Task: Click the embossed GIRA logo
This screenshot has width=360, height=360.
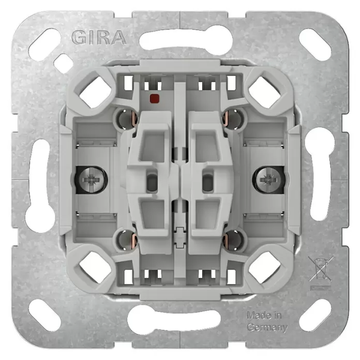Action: pos(99,37)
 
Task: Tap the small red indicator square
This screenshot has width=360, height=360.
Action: pos(155,98)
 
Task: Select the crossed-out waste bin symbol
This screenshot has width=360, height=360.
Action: pos(320,269)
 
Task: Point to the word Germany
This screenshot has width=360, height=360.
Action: pos(267,327)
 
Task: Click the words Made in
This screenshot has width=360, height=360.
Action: pos(264,316)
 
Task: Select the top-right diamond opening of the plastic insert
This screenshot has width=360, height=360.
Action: pos(265,92)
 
